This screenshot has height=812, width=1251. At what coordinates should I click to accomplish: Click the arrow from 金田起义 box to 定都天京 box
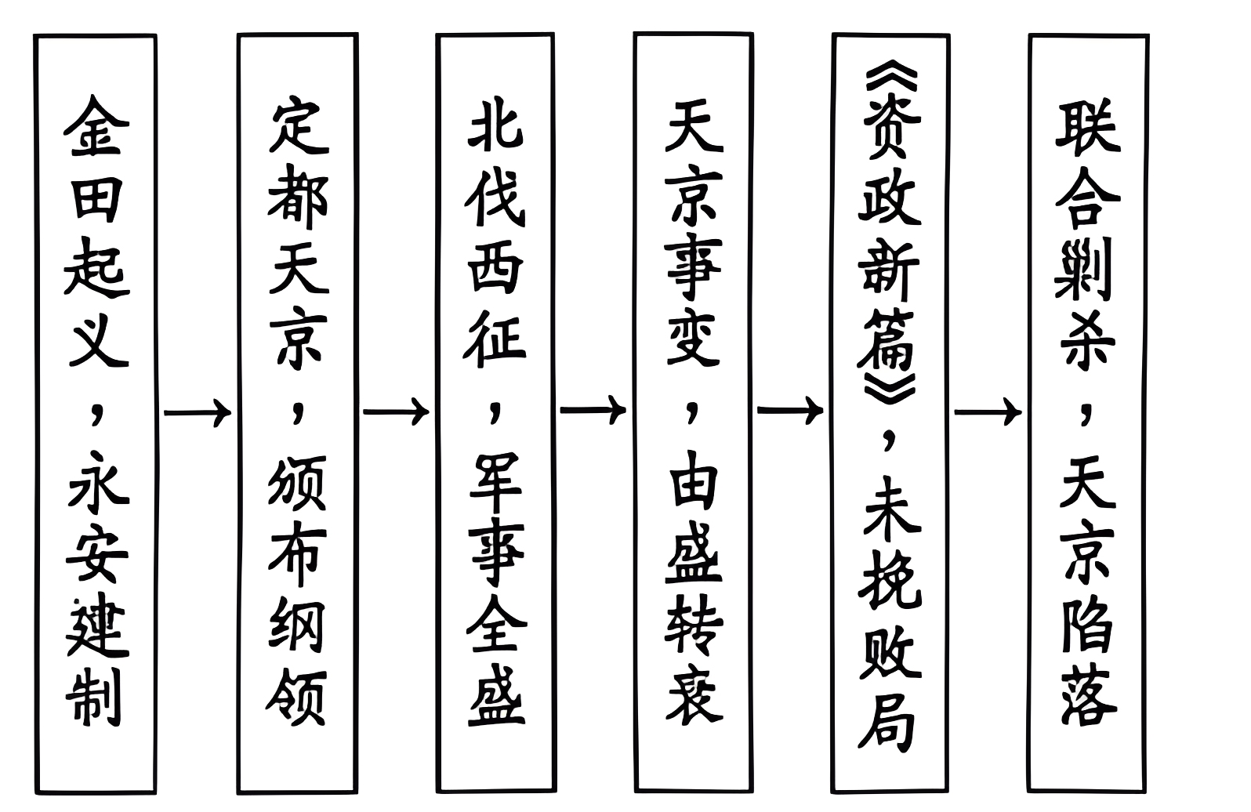198,411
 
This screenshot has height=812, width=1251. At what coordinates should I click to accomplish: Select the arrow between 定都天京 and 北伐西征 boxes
396,411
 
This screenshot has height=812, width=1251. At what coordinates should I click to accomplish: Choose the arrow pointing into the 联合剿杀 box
988,411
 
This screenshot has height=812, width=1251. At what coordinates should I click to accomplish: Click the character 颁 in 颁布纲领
298,490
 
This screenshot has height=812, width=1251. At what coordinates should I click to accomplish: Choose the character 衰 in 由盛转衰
693,693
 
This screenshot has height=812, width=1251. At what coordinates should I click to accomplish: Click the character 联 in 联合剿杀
1088,125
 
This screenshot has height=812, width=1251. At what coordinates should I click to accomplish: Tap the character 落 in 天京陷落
1088,694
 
